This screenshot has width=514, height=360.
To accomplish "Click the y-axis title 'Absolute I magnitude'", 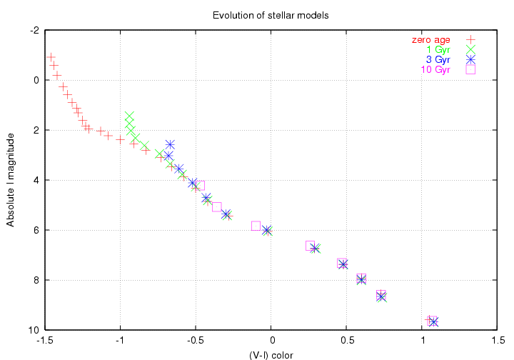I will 11,179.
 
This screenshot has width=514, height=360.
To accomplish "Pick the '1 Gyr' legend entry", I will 438,49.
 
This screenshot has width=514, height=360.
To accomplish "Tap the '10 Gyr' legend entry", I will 436,69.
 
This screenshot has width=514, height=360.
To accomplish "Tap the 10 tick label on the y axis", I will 32,330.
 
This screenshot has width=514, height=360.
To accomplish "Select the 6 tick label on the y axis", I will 34,231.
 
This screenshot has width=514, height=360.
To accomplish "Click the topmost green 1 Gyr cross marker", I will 129,116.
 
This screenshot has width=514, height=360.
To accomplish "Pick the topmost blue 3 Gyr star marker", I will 170,145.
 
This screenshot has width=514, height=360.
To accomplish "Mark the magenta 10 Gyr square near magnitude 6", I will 256,226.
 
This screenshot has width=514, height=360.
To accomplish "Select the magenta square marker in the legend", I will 470,69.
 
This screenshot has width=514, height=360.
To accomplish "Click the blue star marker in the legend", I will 470,59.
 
